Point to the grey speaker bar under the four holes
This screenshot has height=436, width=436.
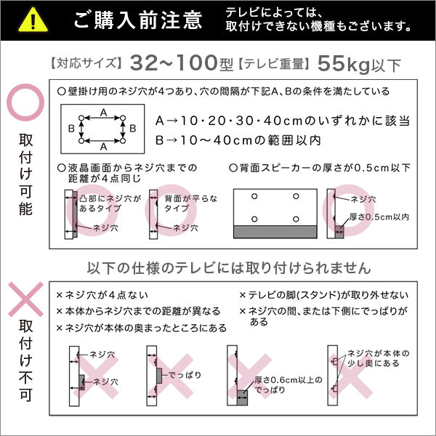click(x=275, y=231)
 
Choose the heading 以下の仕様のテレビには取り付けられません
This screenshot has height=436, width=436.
click(x=228, y=267)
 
